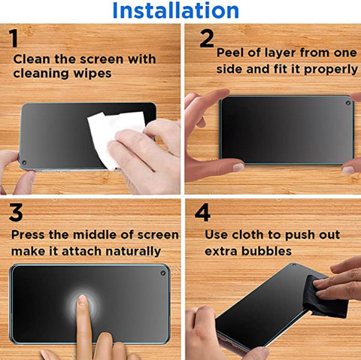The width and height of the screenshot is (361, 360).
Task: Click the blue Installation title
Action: pyautogui.click(x=176, y=11)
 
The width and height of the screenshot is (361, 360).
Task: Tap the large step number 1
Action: pyautogui.click(x=14, y=38)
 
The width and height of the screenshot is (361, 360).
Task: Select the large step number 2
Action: pyautogui.click(x=207, y=38)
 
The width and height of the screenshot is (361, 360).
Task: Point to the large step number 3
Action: pyautogui.click(x=16, y=212)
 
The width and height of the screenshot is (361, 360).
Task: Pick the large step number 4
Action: pyautogui.click(x=202, y=212)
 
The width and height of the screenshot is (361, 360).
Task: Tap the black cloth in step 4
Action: pyautogui.click(x=325, y=298)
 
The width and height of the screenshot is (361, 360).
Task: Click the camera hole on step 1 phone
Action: pyautogui.click(x=24, y=162)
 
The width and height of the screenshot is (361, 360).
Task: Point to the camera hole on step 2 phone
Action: pyautogui.click(x=348, y=103)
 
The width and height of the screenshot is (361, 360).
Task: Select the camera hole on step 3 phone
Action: pyautogui.click(x=163, y=273)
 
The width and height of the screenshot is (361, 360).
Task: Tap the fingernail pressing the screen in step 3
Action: pyautogui.click(x=82, y=300)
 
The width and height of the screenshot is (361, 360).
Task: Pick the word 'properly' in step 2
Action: pyautogui.click(x=331, y=70)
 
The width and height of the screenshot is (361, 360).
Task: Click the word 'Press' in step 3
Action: pyautogui.click(x=28, y=235)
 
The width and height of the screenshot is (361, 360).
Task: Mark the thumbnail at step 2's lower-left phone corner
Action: pyautogui.click(x=238, y=168)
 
